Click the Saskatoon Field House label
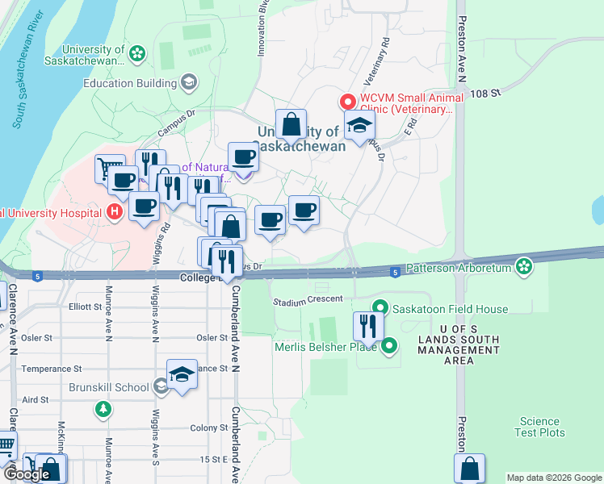[450, 309]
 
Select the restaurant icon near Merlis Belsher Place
[366, 327]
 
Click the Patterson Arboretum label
[460, 267]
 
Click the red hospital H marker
[115, 212]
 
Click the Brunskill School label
[120, 387]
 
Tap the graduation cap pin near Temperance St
[182, 373]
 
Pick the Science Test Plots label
[540, 427]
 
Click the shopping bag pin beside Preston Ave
[469, 468]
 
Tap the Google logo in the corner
[28, 474]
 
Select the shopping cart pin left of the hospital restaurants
[109, 168]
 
